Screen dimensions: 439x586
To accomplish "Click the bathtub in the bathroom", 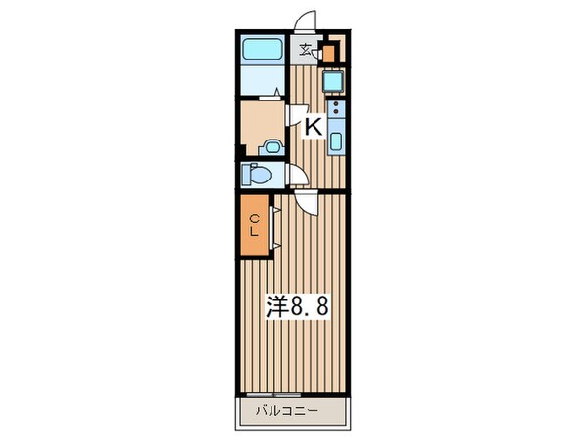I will (262, 50).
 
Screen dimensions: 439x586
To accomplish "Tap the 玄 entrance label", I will (305, 52).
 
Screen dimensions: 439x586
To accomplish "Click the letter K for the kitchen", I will (314, 125).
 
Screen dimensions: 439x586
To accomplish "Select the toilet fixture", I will (257, 176).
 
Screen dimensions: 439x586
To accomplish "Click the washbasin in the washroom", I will (272, 147).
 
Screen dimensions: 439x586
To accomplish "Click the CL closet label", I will (252, 225).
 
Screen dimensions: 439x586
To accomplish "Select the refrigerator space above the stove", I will (332, 81).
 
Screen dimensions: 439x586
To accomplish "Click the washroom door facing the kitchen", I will (291, 115).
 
